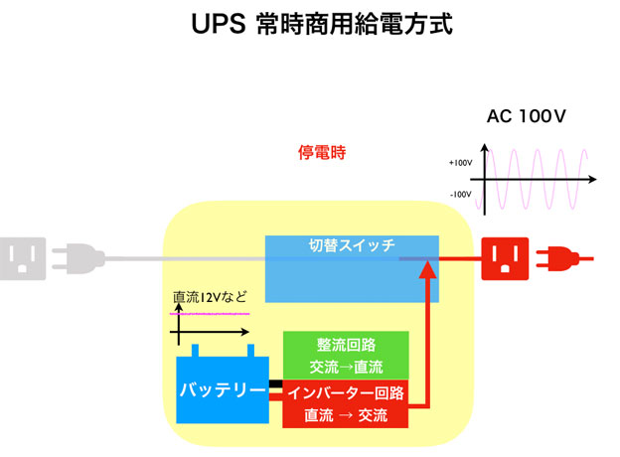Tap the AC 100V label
coord(526,117)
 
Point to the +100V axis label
coord(459,161)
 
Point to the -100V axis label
coord(459,195)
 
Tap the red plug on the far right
coord(556,259)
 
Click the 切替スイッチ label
coord(353,244)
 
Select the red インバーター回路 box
coord(345,403)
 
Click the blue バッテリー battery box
coord(222,388)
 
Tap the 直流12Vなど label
coord(210,296)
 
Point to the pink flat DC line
coord(209,313)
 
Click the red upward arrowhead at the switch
coord(429,269)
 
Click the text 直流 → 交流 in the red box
coord(345,414)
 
